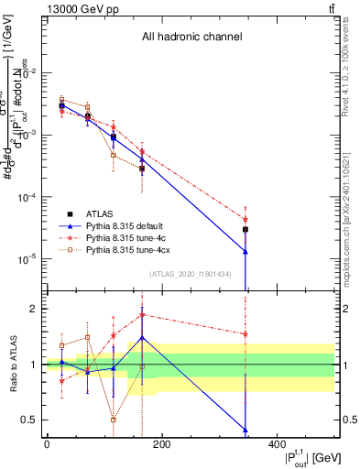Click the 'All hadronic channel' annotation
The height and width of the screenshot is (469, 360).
pos(191,38)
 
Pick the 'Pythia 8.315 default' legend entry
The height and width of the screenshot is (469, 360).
pos(135,225)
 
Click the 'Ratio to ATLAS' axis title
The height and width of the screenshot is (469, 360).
pos(13,365)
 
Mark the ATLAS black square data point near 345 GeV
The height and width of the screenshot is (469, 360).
pos(245,230)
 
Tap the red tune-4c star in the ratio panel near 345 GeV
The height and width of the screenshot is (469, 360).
pos(245,334)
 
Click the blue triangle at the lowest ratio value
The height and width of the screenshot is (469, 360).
pos(245,430)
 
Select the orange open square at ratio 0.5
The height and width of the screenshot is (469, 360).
pos(113,420)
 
